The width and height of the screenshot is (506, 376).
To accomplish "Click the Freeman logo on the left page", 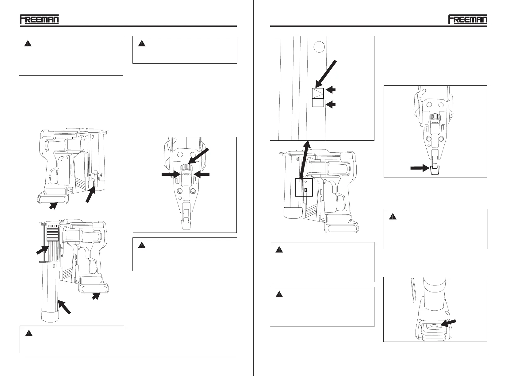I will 39,19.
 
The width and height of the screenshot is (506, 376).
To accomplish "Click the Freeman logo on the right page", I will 467,19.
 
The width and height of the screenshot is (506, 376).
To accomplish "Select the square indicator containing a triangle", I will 318,93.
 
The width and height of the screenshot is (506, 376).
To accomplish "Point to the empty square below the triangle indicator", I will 318,103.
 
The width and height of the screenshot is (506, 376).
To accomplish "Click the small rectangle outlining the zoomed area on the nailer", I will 304,187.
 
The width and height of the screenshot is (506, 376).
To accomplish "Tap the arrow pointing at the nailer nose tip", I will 420,168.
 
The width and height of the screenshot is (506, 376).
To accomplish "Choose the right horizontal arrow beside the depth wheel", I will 201,174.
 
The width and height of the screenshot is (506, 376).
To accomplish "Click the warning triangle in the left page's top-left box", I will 28,44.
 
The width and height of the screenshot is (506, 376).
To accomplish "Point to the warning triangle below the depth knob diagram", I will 141,245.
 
